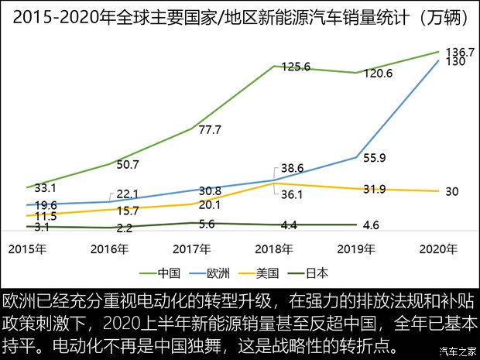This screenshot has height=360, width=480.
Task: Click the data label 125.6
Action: click(x=294, y=67)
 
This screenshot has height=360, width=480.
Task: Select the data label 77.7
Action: click(x=210, y=130)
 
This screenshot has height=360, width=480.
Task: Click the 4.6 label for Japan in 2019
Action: click(x=371, y=225)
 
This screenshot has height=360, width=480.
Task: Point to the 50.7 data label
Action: click(x=128, y=165)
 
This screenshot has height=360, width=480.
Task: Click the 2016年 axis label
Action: click(x=109, y=249)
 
